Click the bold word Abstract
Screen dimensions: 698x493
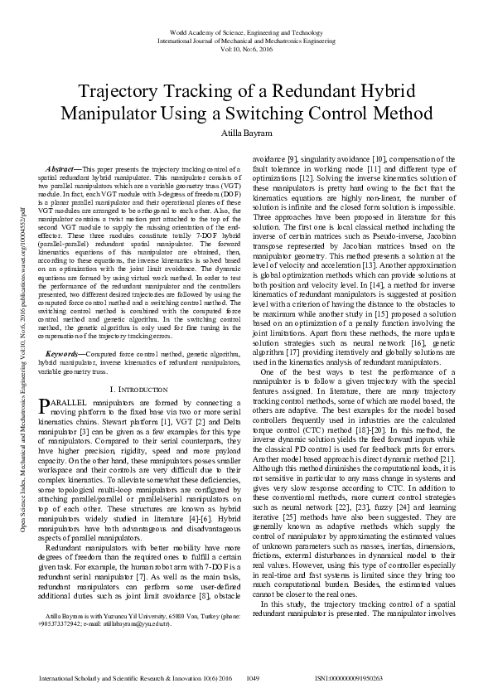coord(66,168)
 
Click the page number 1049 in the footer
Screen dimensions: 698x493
coord(254,678)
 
